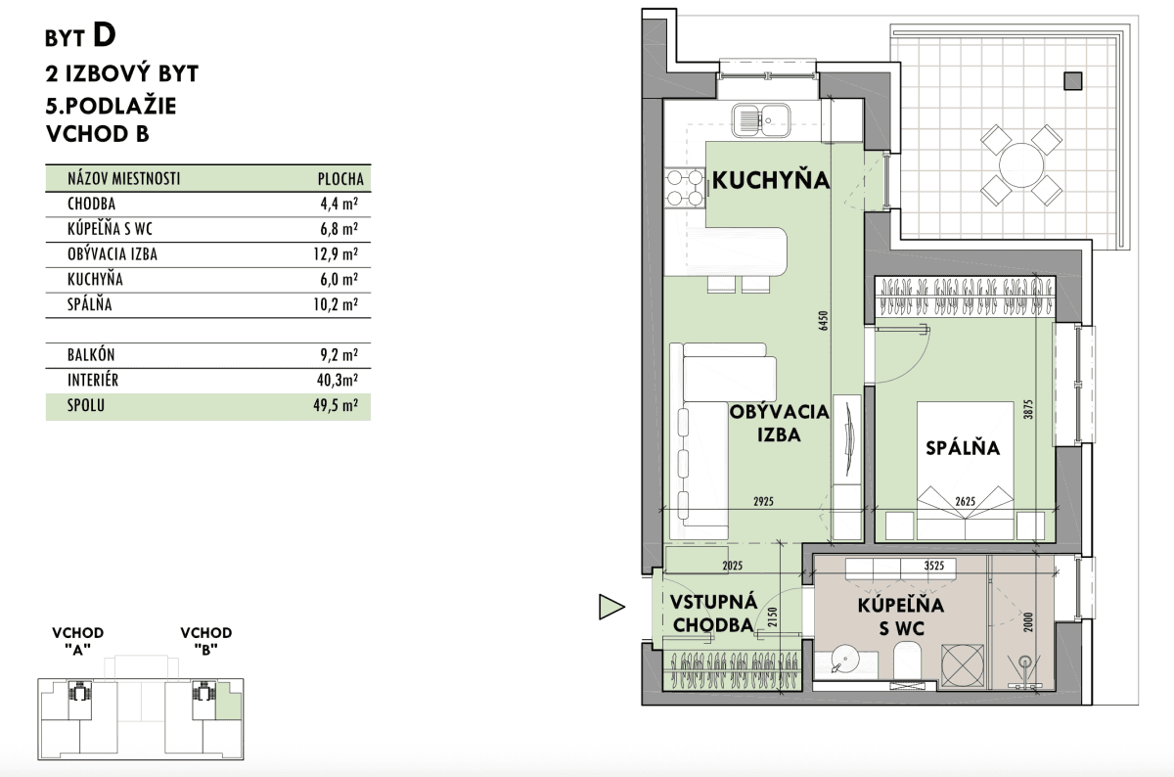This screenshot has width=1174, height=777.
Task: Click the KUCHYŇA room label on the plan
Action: [x=771, y=180]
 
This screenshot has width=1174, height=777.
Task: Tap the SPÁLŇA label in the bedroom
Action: [x=963, y=448]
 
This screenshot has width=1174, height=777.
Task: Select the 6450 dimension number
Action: [x=823, y=320]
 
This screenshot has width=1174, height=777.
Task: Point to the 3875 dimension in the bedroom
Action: [x=1027, y=409]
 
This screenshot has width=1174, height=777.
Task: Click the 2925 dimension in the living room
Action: [x=764, y=501]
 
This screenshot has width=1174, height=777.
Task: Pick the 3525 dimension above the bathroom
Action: [x=934, y=566]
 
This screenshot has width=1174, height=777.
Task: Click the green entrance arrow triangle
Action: [x=611, y=607]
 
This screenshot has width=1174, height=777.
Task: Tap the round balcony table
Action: [x=1021, y=165]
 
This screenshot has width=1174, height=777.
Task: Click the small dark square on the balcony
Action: [x=1073, y=81]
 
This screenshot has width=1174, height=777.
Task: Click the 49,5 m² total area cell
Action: [x=336, y=405]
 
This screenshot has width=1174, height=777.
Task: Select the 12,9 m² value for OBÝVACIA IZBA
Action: [x=336, y=254]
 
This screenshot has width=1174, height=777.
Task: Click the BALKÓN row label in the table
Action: [x=91, y=355]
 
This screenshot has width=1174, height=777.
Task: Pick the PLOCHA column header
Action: [x=340, y=179]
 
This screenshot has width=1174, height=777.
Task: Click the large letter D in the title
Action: [x=105, y=35]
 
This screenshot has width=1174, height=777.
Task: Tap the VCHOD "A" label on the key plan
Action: [x=78, y=641]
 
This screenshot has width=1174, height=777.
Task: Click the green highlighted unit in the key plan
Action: [x=229, y=701]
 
